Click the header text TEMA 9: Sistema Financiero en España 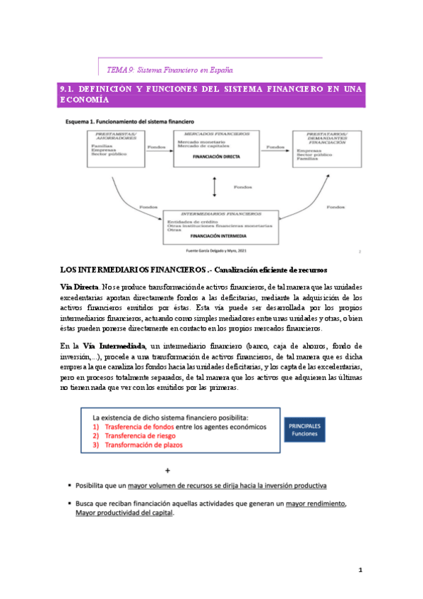pyautogui.click(x=169, y=70)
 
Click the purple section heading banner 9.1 pyautogui.click(x=211, y=95)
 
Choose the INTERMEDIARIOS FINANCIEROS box pyautogui.click(x=220, y=225)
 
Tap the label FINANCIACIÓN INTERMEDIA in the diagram pyautogui.click(x=220, y=237)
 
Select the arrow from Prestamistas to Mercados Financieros pyautogui.click(x=157, y=150)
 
